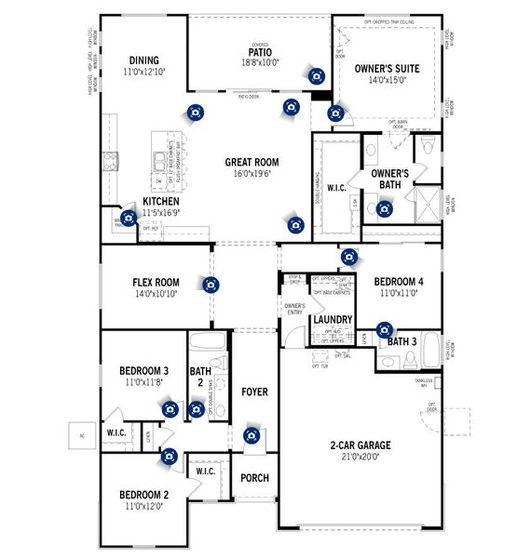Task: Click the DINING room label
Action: pos(143,58)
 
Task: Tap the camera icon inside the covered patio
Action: pos(317,75)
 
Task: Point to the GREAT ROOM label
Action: pos(252,162)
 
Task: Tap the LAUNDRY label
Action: pos(333,320)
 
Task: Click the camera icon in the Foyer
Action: pos(251,435)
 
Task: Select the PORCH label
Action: pos(254,478)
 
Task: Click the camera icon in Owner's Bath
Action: pos(385,209)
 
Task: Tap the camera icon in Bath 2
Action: pos(196,408)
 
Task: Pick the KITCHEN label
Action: pos(161,201)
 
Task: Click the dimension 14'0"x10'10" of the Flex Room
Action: pos(156,295)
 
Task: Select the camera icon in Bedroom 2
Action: pos(170,456)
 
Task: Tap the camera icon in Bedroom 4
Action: pos(350,257)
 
